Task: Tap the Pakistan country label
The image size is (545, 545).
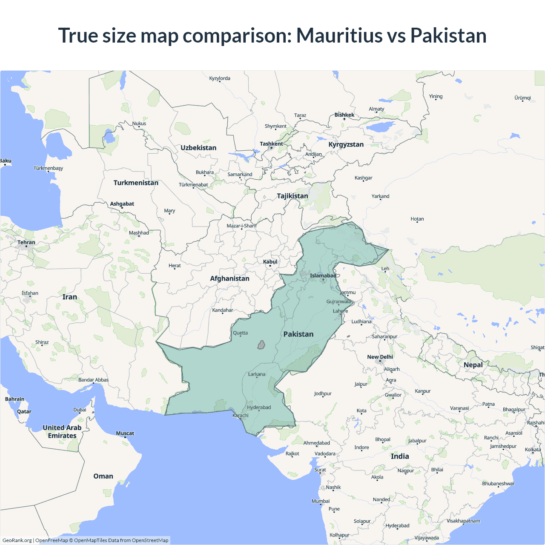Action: point(298,334)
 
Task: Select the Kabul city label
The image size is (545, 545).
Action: point(270,262)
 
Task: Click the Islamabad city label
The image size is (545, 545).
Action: point(323,275)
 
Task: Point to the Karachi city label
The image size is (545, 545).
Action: point(241,415)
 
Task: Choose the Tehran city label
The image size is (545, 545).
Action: point(26,242)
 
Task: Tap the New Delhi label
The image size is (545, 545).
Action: point(380,357)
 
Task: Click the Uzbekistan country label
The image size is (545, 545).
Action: point(198,148)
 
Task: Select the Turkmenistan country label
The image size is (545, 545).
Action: point(136,183)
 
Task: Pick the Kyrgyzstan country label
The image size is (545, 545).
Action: point(346,144)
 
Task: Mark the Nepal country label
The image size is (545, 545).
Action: point(473,365)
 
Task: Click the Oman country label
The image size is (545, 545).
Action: point(103,476)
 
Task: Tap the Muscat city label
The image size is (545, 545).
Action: point(125,433)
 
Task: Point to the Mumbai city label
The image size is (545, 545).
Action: point(320,501)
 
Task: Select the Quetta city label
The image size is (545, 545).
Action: point(240,333)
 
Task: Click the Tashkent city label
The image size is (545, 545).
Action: point(271,144)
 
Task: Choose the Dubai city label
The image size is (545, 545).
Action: point(80,410)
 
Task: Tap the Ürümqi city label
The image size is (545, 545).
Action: point(522,98)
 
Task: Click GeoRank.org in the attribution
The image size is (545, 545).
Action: point(17,540)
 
